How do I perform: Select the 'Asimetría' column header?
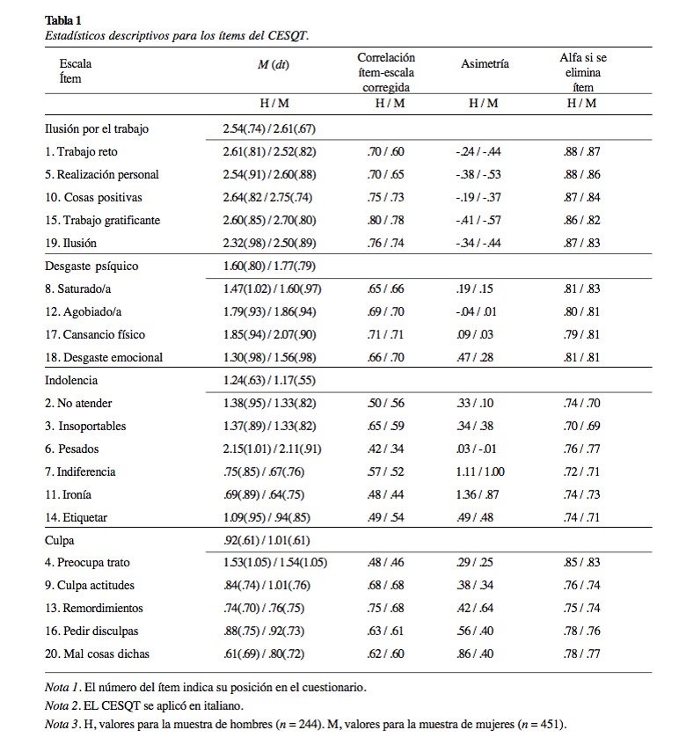[x=485, y=64]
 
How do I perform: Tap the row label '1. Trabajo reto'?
[x=81, y=151]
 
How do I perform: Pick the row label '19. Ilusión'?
[x=70, y=243]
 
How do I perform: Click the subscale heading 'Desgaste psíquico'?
[x=91, y=266]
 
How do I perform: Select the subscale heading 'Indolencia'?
[x=71, y=380]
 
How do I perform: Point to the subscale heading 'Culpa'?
[x=60, y=539]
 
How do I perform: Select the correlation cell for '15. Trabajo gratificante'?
[x=385, y=220]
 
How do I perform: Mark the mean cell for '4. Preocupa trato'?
[x=274, y=562]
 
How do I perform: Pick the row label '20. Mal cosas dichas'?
[x=96, y=653]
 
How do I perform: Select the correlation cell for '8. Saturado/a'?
[x=385, y=288]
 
